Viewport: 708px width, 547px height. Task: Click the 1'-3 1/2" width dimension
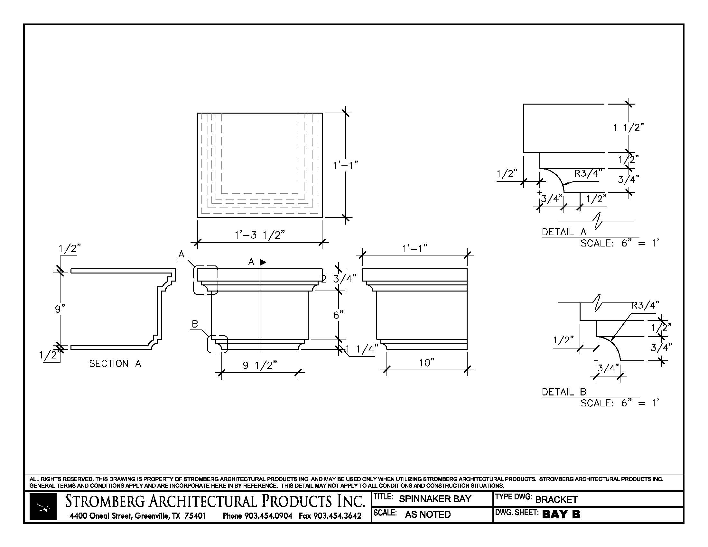coord(260,235)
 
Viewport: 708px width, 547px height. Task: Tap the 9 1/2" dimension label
coord(260,365)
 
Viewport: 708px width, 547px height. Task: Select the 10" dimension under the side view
coord(427,363)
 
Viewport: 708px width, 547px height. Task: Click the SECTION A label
coord(115,364)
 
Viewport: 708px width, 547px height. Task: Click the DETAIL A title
coord(564,232)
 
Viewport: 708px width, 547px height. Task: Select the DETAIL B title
coord(564,392)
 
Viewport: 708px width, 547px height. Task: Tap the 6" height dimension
coord(339,315)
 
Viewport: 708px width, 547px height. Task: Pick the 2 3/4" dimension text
coord(339,279)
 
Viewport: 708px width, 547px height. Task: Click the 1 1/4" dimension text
coord(362,349)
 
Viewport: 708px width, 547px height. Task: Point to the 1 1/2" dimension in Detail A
coord(628,127)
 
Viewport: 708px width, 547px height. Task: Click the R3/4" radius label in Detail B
coord(646,305)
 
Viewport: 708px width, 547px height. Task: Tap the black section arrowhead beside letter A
coord(263,262)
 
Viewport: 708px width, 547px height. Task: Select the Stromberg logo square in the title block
coord(43,507)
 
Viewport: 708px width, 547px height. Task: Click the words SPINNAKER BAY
coord(435,499)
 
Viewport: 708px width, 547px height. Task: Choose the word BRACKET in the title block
coord(556,500)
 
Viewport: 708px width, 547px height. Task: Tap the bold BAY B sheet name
coord(561,514)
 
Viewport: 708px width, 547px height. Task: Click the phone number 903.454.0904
coord(268,515)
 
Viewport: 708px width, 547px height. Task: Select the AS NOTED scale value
coord(428,514)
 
